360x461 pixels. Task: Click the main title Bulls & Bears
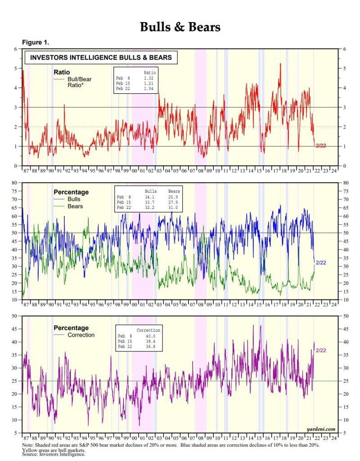point(180,27)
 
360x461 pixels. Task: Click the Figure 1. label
point(36,42)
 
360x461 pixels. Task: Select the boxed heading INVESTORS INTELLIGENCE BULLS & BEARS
point(101,58)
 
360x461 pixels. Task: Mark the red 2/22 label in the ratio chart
point(321,146)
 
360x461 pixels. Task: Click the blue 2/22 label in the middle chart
point(321,262)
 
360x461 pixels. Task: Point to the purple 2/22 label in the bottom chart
point(321,350)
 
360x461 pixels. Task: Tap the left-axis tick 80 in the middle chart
point(19,183)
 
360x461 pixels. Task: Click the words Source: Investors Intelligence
point(54,454)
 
